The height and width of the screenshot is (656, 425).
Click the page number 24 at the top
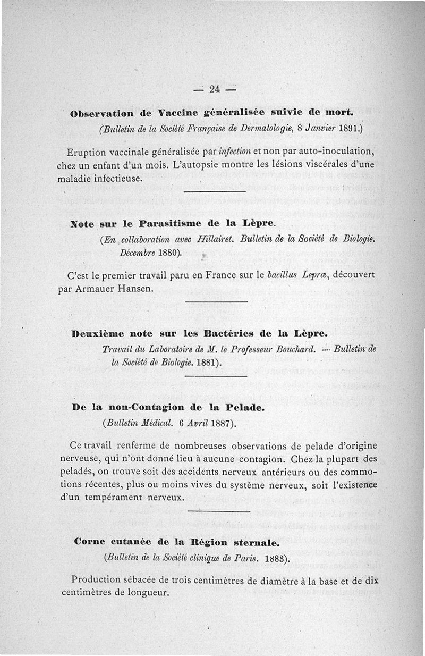(x=215, y=89)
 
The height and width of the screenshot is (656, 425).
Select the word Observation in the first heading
(x=101, y=113)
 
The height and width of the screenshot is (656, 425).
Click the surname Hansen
(x=138, y=289)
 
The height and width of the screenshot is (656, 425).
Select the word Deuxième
(x=98, y=334)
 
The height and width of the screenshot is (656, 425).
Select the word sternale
(x=258, y=543)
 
